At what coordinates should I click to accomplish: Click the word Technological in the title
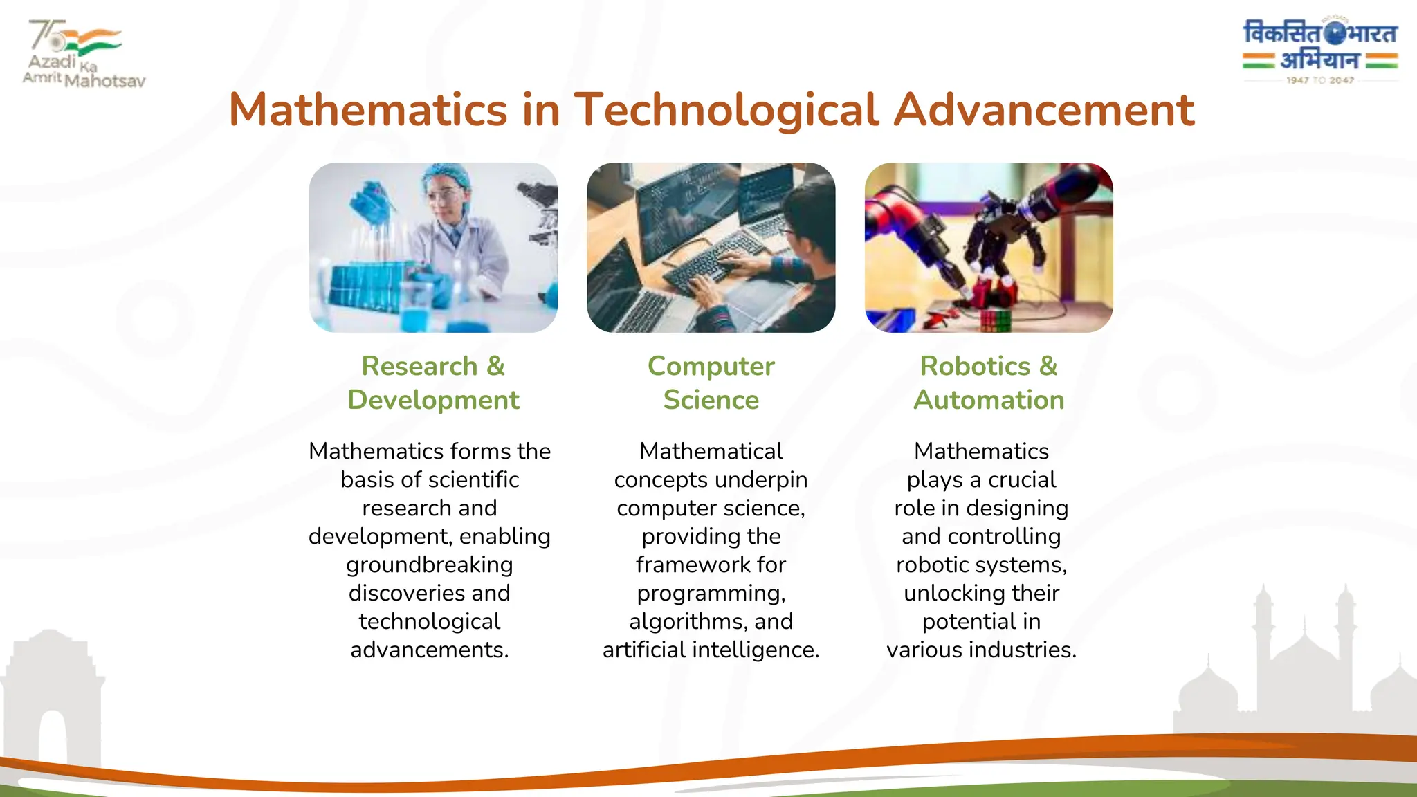pyautogui.click(x=726, y=111)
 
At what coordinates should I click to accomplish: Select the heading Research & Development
pyautogui.click(x=433, y=383)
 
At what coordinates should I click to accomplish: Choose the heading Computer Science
pyautogui.click(x=711, y=383)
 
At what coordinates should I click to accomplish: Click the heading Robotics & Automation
pyautogui.click(x=988, y=383)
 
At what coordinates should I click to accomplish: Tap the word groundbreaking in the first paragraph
pyautogui.click(x=429, y=565)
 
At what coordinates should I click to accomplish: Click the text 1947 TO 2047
pyautogui.click(x=1319, y=80)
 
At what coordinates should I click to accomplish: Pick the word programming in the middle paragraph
pyautogui.click(x=711, y=594)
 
